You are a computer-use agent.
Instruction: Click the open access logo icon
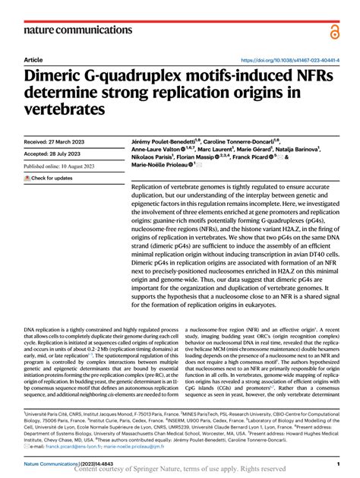334,30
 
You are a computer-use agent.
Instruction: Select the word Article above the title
34,60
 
